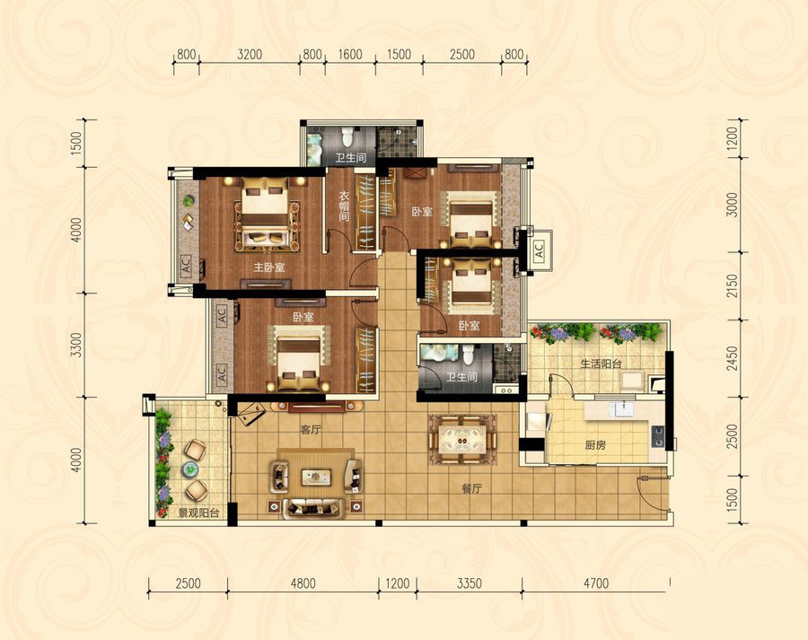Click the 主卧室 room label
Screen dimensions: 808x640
(x=269, y=267)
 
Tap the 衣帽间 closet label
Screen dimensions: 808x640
(x=344, y=206)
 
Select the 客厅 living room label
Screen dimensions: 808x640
(x=311, y=429)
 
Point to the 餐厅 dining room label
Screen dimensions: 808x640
(x=471, y=488)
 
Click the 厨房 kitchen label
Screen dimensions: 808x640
(x=595, y=444)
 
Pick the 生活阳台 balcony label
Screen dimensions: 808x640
(x=601, y=364)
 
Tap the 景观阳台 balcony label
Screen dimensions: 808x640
(x=199, y=513)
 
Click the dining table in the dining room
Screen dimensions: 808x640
(x=462, y=441)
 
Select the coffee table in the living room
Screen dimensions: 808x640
(x=316, y=477)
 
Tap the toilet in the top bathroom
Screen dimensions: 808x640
(x=347, y=136)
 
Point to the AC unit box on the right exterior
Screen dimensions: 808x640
(x=539, y=251)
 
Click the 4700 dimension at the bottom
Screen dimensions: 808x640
(x=596, y=583)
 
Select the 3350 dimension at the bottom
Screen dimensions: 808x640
(x=469, y=583)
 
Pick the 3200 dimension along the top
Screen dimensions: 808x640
(x=250, y=54)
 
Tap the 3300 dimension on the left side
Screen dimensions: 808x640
(x=76, y=345)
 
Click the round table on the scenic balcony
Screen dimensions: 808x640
(x=190, y=469)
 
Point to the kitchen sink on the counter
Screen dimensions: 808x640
(x=621, y=408)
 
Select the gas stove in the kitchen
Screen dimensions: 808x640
(x=657, y=436)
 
